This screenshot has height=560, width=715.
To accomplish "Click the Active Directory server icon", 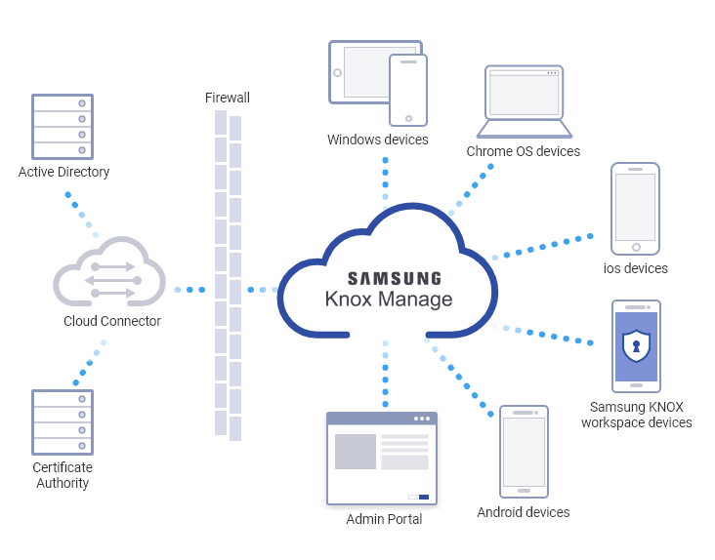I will [x=63, y=126].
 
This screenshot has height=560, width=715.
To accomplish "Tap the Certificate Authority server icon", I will [x=63, y=421].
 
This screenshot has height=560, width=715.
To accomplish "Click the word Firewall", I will [x=228, y=98].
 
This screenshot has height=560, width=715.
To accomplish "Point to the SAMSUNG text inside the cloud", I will [x=395, y=278].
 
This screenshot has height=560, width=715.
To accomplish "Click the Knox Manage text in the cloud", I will [x=389, y=300].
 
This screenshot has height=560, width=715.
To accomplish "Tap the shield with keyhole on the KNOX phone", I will [x=636, y=346].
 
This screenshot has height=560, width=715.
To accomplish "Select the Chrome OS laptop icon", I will [x=525, y=102].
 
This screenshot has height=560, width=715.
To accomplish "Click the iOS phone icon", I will [x=635, y=209].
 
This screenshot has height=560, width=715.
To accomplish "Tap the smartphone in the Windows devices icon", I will [x=408, y=90].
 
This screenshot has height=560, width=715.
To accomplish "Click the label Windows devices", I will [x=378, y=140].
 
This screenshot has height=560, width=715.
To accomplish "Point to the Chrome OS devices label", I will [x=524, y=152].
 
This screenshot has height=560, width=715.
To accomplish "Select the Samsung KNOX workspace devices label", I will [x=636, y=415].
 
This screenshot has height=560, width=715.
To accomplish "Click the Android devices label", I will [x=524, y=512].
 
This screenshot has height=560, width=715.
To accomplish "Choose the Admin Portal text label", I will [x=384, y=519].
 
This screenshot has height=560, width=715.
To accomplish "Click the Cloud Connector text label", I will [x=112, y=321].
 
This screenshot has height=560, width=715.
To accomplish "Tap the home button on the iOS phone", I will [x=636, y=247].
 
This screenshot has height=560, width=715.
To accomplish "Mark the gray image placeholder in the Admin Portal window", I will [x=356, y=452].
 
